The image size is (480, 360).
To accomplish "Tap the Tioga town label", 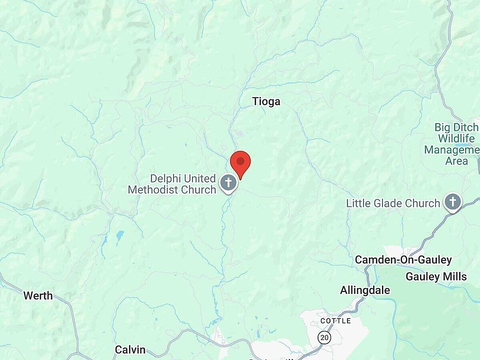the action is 266,102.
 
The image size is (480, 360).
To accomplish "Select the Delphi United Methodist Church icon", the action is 228,182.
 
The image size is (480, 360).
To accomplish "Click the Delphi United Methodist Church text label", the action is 172,184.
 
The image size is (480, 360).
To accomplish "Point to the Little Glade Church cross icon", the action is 452,202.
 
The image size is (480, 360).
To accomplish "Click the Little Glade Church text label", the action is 393,203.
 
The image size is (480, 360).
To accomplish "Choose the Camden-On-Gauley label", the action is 403,260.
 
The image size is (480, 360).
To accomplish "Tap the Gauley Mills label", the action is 436,276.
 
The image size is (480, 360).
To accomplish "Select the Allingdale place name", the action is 365,290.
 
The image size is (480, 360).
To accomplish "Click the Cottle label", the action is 335,320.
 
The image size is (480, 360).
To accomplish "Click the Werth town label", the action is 38,295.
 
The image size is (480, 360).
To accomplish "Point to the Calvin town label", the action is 130,349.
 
